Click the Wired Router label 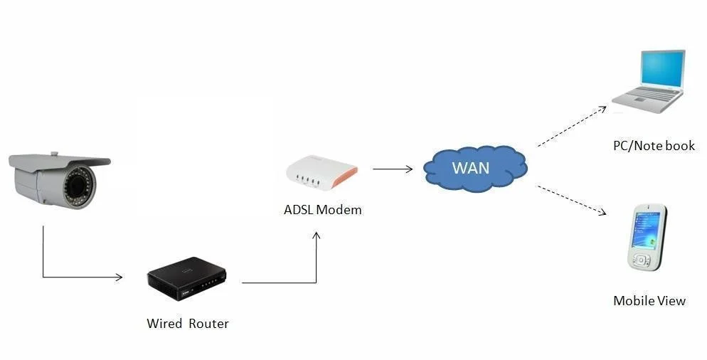click(x=188, y=324)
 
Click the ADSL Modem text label click(x=323, y=210)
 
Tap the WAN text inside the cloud click(x=472, y=169)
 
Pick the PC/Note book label click(x=654, y=146)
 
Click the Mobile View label click(x=649, y=301)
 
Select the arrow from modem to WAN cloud click(x=392, y=169)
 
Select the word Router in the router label click(x=208, y=324)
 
